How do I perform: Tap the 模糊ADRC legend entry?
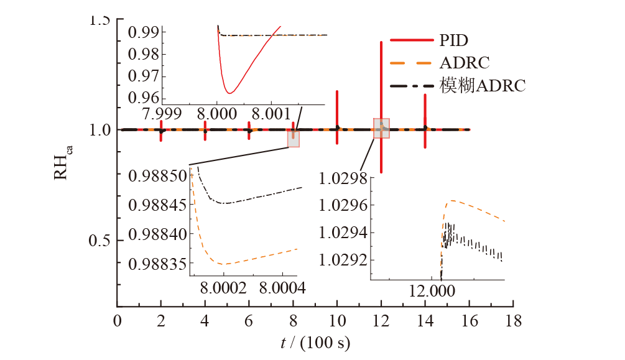pyautogui.click(x=458, y=85)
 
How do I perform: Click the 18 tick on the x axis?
pyautogui.click(x=514, y=321)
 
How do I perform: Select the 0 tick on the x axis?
pyautogui.click(x=117, y=321)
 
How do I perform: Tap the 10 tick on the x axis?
pyautogui.click(x=337, y=321)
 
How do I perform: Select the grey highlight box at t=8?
pyautogui.click(x=293, y=139)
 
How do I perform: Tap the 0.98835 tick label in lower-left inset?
pyautogui.click(x=157, y=264)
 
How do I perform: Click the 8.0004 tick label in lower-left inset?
pyautogui.click(x=283, y=288)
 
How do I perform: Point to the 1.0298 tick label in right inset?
pyautogui.click(x=341, y=180)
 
